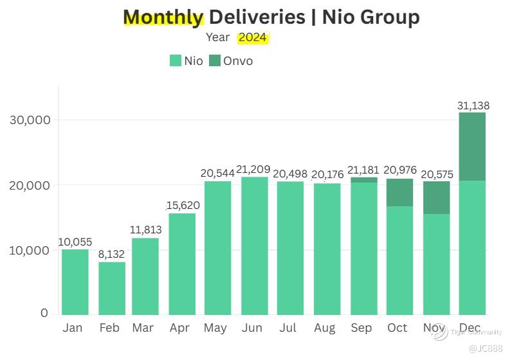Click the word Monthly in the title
click(x=163, y=17)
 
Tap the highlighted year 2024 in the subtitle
click(x=252, y=37)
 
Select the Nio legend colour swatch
click(x=176, y=61)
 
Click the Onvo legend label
click(x=238, y=61)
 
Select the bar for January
click(x=75, y=282)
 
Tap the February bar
click(x=112, y=289)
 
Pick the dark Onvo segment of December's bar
click(x=472, y=147)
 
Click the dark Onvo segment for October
click(x=399, y=192)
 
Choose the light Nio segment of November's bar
click(x=436, y=264)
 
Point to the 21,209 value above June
click(x=253, y=170)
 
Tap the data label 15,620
click(x=183, y=206)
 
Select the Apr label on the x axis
click(x=179, y=328)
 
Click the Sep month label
click(x=361, y=328)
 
